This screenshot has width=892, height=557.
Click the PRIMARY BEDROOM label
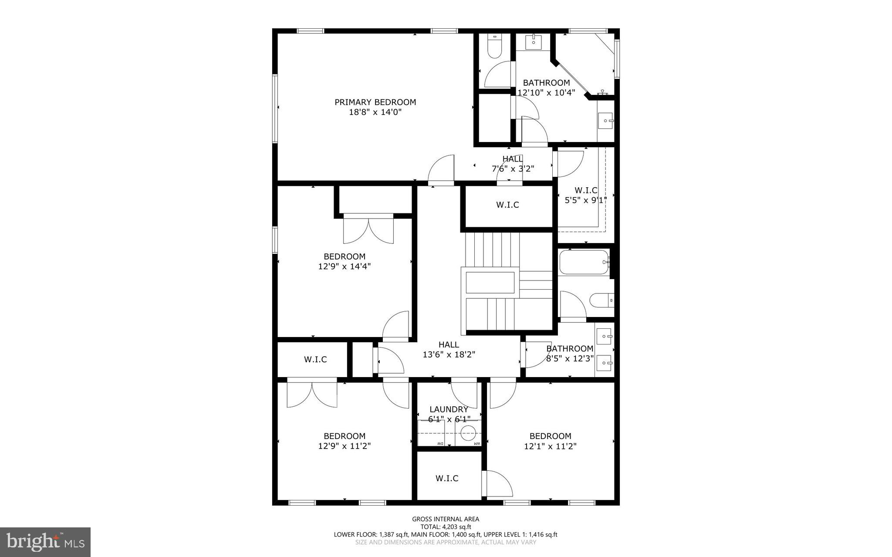pos(375,102)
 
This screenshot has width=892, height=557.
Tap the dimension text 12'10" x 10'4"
pos(546,92)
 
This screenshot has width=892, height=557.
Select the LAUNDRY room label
pos(449,409)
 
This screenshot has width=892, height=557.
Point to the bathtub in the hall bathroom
pos(583,262)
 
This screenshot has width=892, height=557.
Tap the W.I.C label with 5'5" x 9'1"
pos(586,190)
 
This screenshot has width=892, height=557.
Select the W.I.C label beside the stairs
pos(507,205)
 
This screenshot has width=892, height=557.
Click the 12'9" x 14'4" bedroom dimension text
pos(344,266)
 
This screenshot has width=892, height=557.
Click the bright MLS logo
pos(45,542)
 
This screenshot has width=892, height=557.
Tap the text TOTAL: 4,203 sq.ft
pos(446,527)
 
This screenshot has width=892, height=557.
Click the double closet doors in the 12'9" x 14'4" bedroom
pos(368,230)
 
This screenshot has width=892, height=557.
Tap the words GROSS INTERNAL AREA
pos(446,519)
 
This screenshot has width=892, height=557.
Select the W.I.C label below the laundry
pos(447,478)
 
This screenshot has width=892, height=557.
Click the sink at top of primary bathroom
pos(533,43)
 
